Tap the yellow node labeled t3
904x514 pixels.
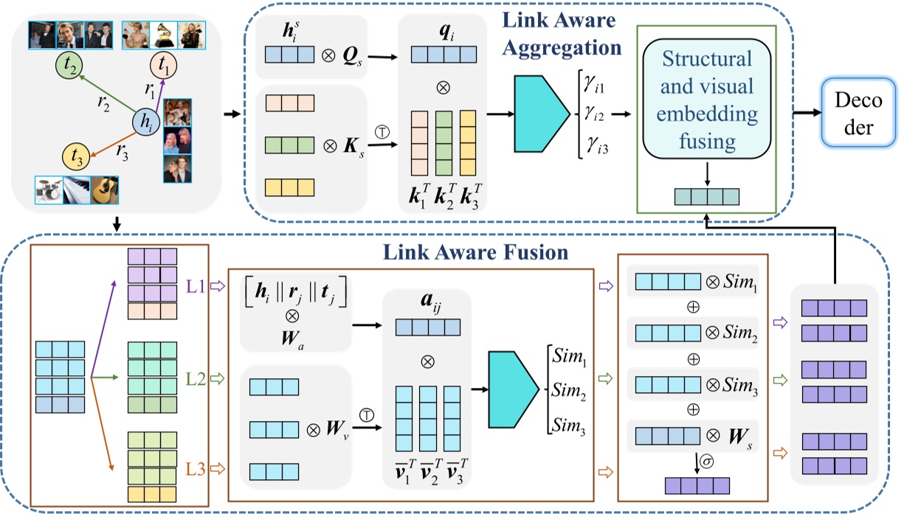[x=75, y=156]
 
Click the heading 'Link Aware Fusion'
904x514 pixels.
[x=474, y=253]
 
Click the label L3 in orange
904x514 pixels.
[x=196, y=467]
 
